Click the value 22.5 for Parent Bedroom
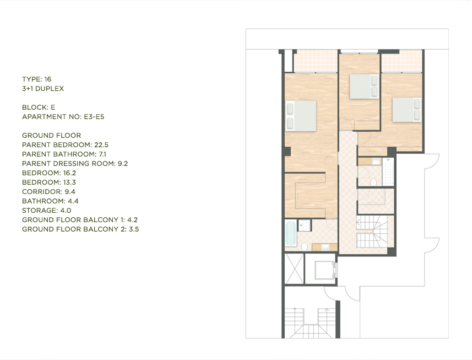click(101, 145)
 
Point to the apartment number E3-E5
click(94, 117)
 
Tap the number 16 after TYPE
click(47, 79)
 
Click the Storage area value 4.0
click(66, 211)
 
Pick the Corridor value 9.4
click(70, 192)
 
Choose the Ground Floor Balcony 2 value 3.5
click(134, 229)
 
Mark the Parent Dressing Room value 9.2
click(122, 164)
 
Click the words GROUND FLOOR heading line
click(51, 136)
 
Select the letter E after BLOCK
click(53, 108)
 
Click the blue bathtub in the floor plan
click(291, 233)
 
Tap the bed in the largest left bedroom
click(301, 116)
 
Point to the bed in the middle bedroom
click(364, 87)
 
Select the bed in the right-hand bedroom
click(406, 110)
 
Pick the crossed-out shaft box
click(294, 268)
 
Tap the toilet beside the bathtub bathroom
click(305, 247)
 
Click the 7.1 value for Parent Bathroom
click(102, 154)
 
